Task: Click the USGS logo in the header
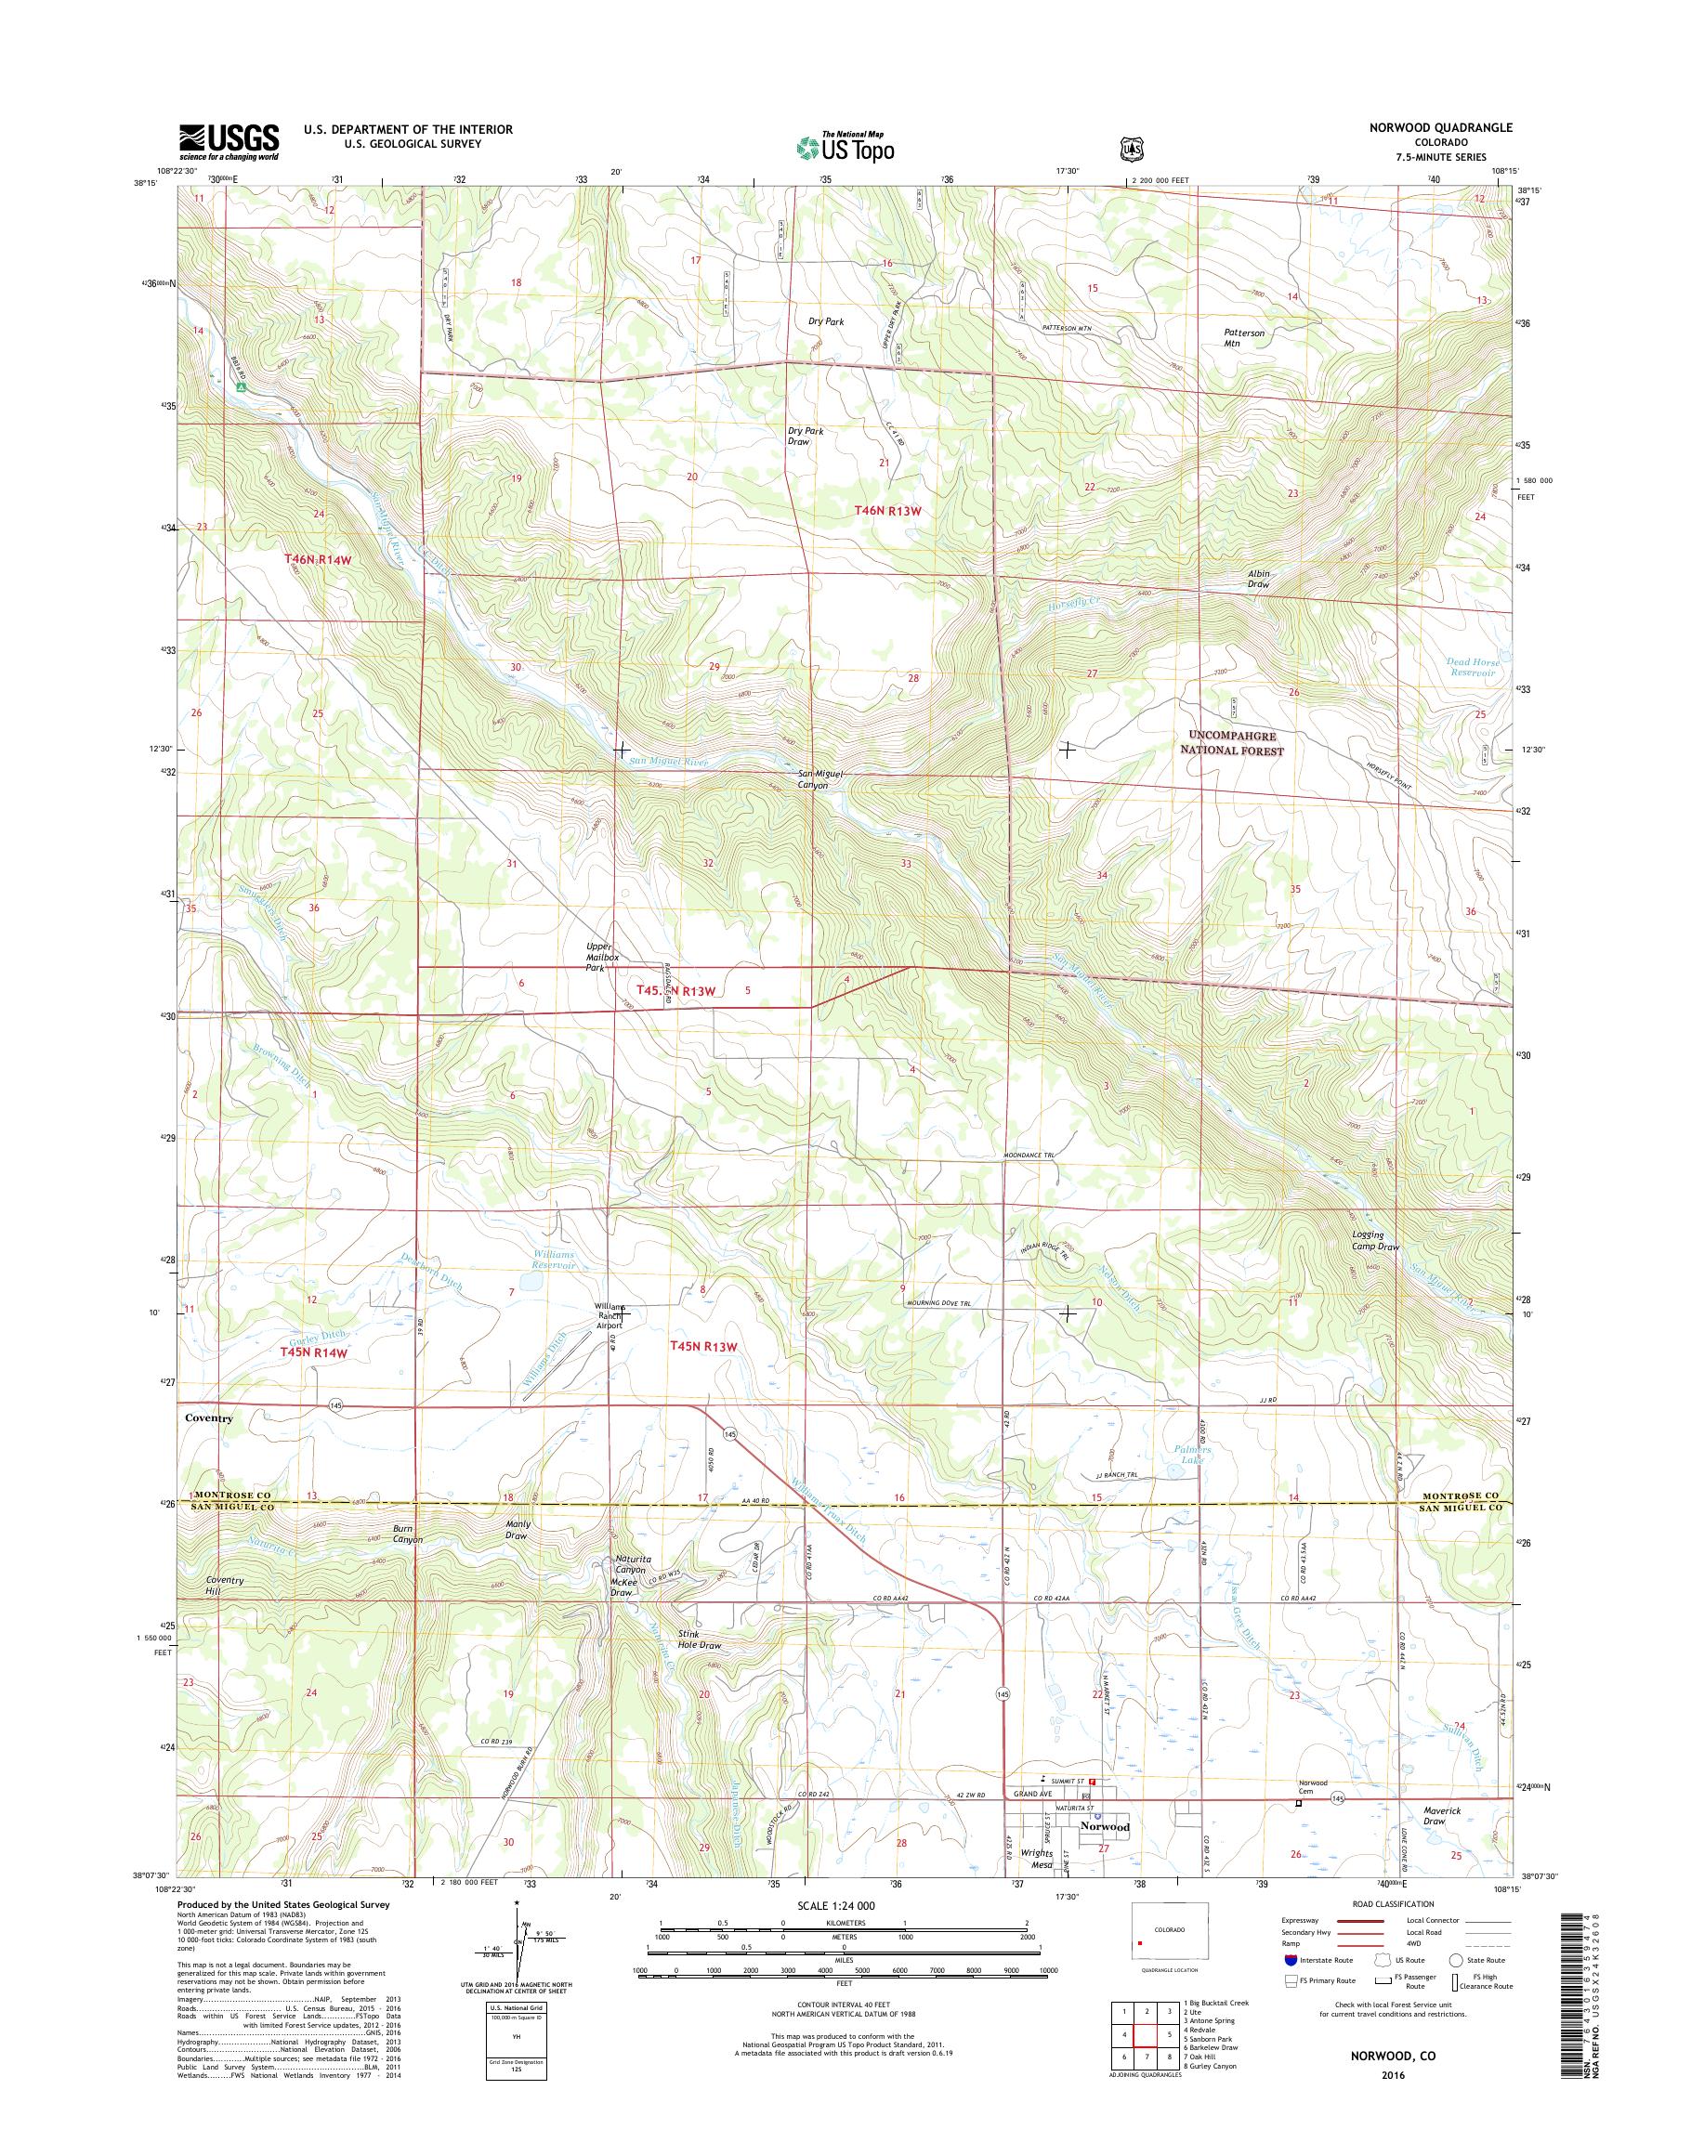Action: click(x=229, y=141)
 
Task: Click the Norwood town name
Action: click(x=1105, y=1825)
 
